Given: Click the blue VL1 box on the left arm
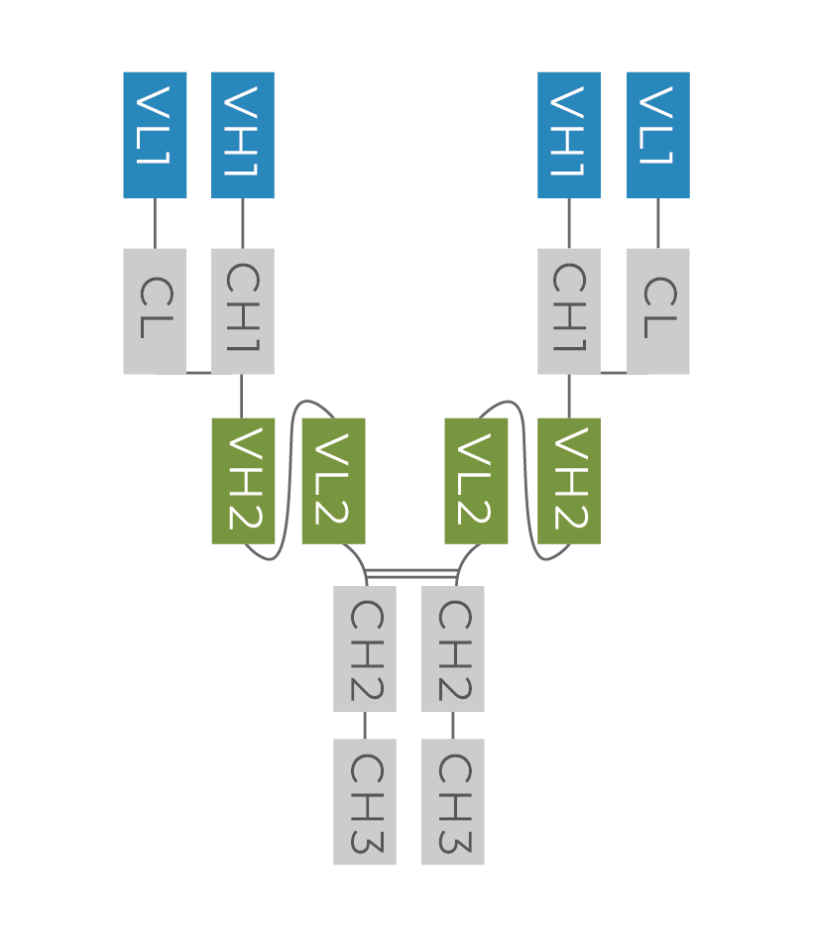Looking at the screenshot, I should [x=155, y=135].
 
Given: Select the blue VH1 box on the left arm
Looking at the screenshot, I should [x=243, y=135].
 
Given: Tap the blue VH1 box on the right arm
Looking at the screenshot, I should [x=569, y=135].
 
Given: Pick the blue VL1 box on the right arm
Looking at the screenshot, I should [x=658, y=135].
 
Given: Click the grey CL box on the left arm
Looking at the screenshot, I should [x=155, y=311].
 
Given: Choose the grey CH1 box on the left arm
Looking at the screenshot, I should [x=243, y=311].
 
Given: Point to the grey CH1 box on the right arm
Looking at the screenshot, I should [x=569, y=311].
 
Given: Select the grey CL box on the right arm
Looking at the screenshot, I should [x=658, y=311].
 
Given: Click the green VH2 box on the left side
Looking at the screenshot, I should [x=243, y=481].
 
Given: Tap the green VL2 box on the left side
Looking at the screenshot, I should [x=333, y=481].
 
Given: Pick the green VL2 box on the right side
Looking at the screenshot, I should [x=476, y=481].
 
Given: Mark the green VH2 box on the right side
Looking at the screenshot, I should [x=569, y=481].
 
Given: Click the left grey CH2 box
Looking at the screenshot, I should [x=365, y=648].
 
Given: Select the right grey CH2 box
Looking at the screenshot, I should [x=453, y=648].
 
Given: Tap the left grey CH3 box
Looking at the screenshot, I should [x=365, y=802].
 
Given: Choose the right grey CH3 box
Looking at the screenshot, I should [x=453, y=802].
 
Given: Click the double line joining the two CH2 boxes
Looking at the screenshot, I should [x=410, y=573].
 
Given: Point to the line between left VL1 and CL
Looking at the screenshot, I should [x=155, y=223].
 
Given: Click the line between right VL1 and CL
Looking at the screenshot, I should [x=658, y=223].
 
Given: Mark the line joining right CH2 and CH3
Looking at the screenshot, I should [x=453, y=725].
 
